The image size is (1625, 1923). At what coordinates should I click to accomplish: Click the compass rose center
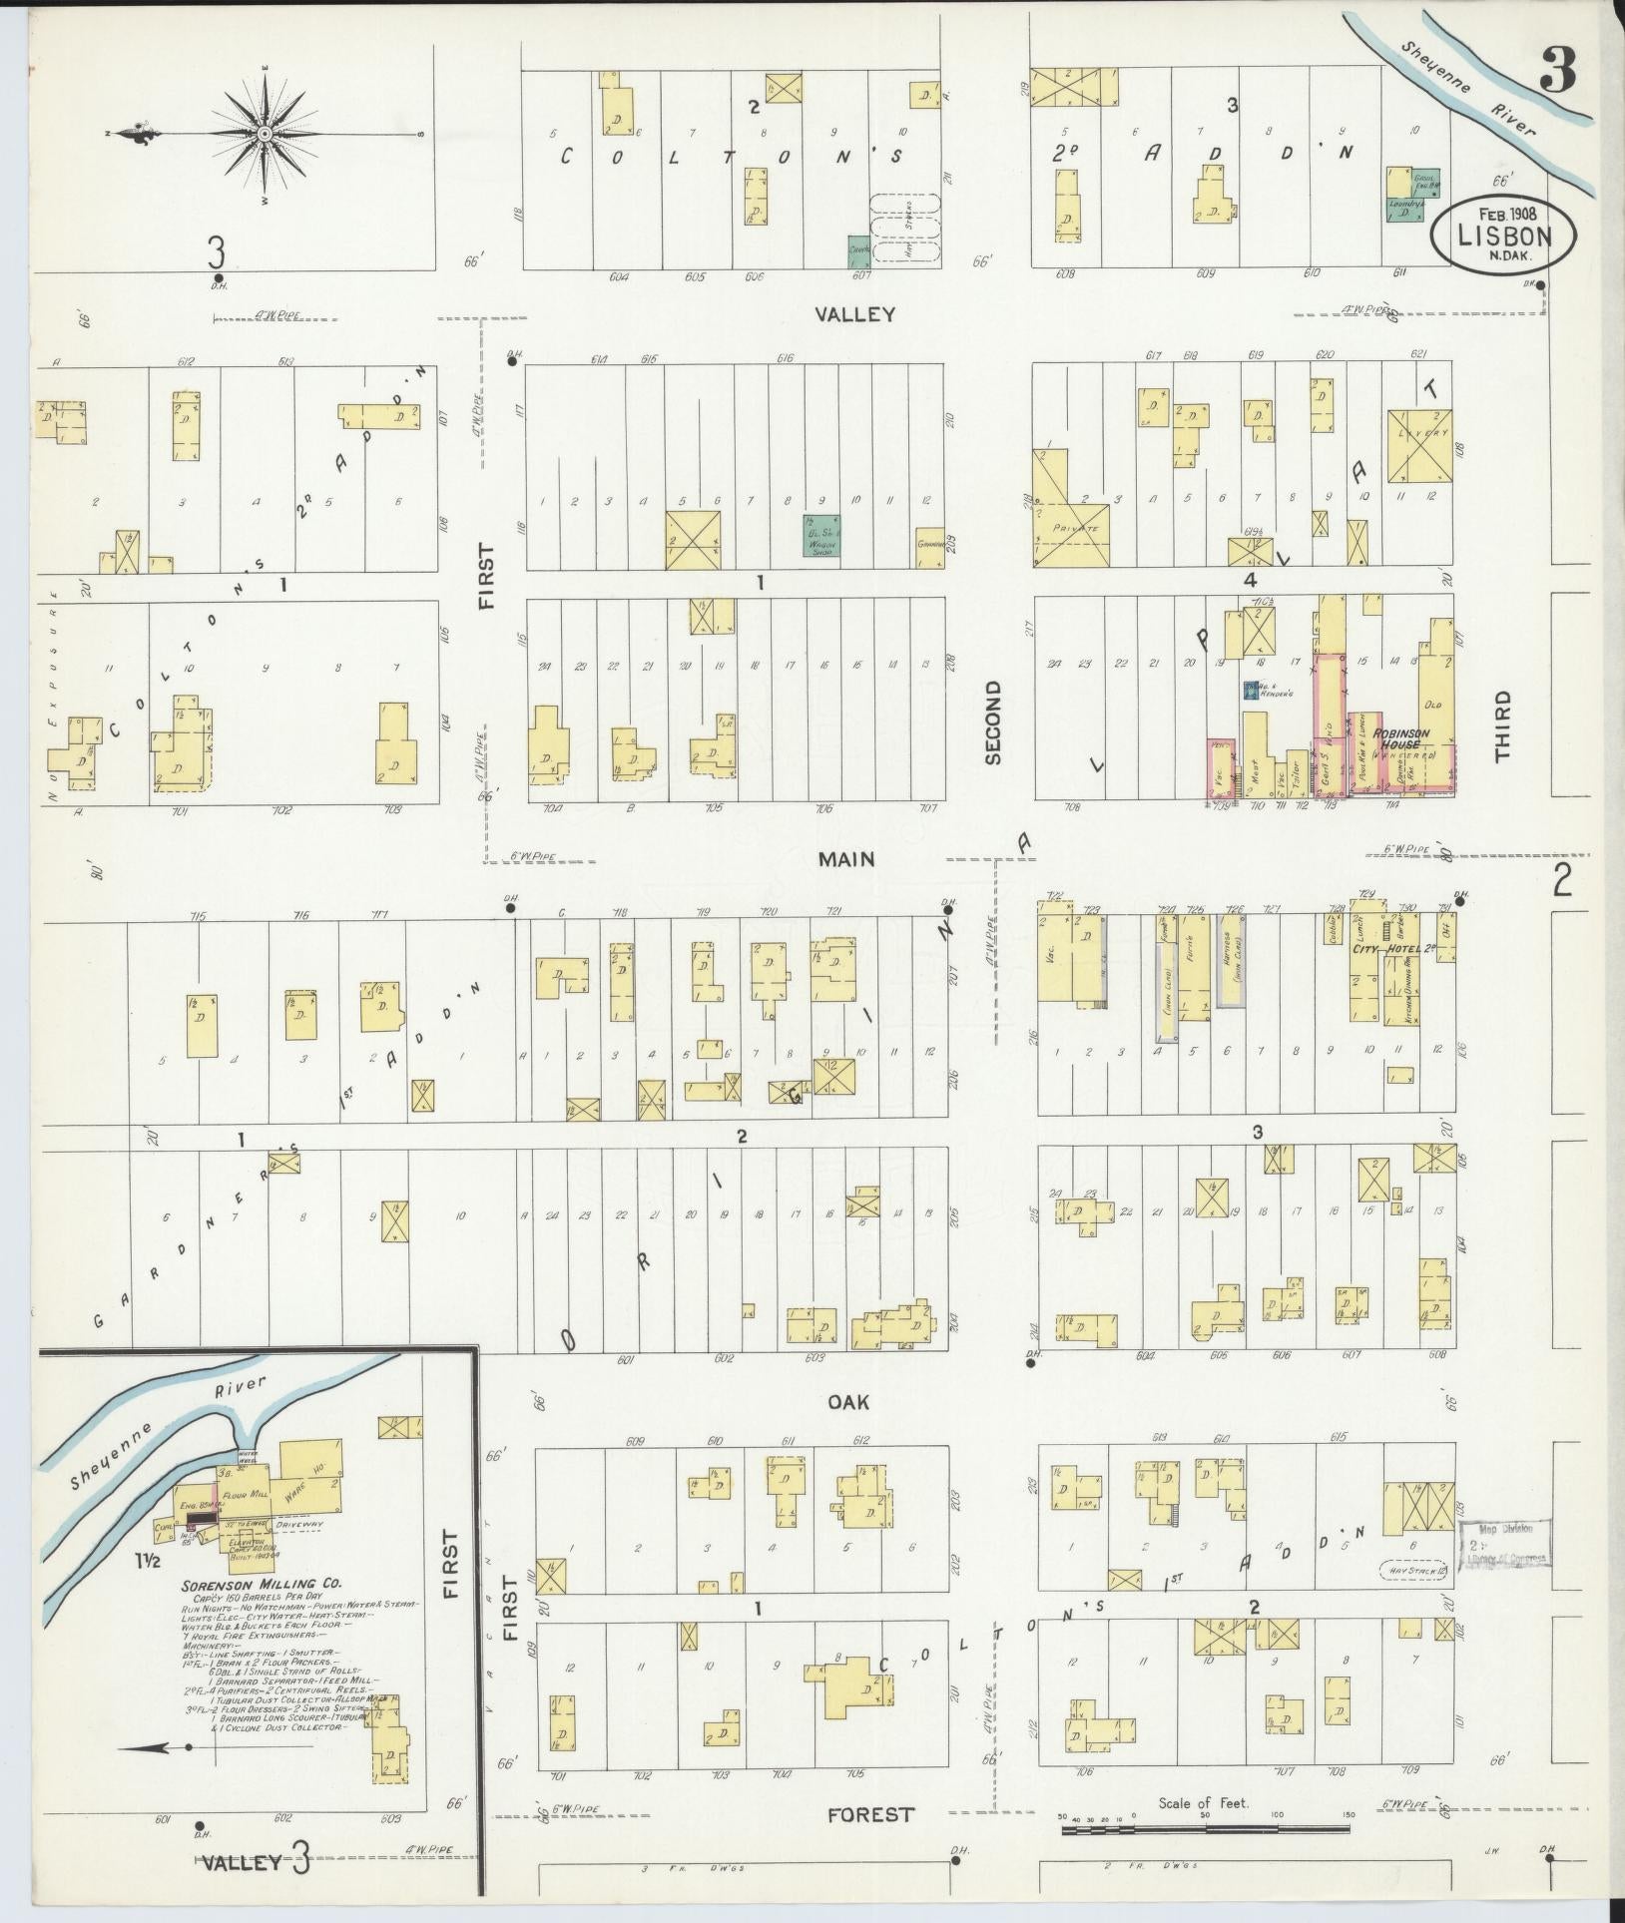[265, 133]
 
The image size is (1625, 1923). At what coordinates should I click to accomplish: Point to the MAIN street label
[846, 858]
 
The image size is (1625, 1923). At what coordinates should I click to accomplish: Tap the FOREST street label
[869, 1814]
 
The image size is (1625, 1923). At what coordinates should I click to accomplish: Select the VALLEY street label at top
[854, 315]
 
